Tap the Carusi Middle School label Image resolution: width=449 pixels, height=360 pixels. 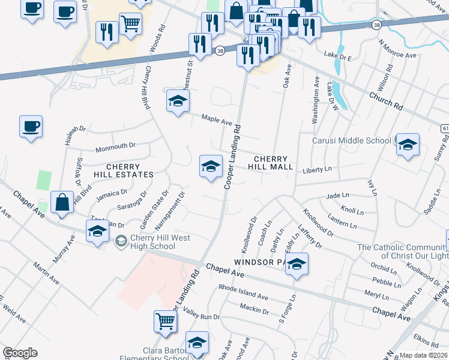point(351,140)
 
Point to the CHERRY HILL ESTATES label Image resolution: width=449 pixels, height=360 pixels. point(123,170)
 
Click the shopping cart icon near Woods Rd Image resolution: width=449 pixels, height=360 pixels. point(130,25)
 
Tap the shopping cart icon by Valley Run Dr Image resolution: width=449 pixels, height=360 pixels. point(165,320)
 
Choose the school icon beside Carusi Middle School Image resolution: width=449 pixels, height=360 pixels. point(408,145)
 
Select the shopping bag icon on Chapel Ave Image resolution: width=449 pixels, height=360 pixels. point(63,202)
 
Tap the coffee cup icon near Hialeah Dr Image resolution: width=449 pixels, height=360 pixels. point(31,127)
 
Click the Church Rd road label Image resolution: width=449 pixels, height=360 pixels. point(385,101)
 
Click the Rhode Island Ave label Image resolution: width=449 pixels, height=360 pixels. point(243,292)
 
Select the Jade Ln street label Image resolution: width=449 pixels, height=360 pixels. point(337,196)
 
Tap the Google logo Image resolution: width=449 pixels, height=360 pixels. point(20,352)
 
